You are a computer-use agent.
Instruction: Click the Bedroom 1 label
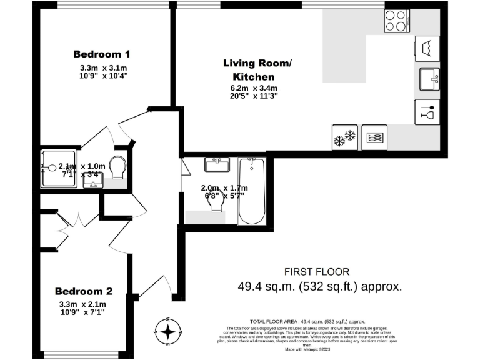click(x=102, y=54)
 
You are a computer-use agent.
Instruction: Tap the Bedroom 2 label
click(x=84, y=291)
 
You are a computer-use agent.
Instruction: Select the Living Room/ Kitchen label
click(x=257, y=69)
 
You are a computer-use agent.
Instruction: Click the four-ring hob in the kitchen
click(x=397, y=22)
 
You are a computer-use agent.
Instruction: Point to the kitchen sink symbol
click(x=427, y=79)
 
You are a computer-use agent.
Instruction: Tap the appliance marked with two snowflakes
click(x=344, y=137)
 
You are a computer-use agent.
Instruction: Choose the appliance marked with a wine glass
click(x=427, y=112)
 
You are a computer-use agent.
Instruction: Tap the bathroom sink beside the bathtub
click(x=218, y=165)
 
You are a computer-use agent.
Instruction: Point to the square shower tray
click(x=59, y=169)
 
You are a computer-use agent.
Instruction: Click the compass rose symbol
click(x=169, y=331)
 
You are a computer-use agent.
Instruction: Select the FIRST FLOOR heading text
click(x=317, y=272)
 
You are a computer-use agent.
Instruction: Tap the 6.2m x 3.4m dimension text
click(x=254, y=87)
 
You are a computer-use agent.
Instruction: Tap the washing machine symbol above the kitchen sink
click(x=427, y=47)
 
